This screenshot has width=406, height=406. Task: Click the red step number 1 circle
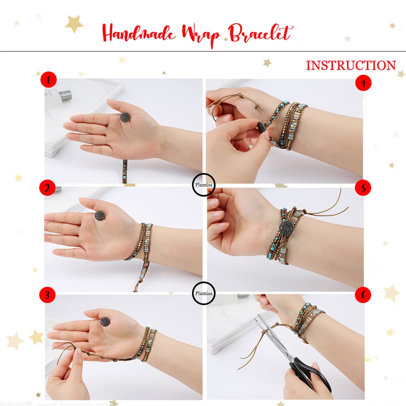(48, 80)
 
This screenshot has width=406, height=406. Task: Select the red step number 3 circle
(47, 295)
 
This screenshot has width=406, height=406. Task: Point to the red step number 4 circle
(363, 83)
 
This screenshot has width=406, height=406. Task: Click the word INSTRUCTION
(351, 65)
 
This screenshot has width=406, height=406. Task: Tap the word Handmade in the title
(138, 33)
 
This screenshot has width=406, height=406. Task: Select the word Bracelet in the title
(260, 33)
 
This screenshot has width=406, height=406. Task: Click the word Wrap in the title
(200, 36)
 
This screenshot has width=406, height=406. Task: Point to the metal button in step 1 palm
(126, 117)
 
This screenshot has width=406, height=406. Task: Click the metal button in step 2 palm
(100, 215)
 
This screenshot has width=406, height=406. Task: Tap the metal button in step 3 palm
(105, 321)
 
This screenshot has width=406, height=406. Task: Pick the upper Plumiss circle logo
(204, 185)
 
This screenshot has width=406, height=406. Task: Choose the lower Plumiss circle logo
(204, 293)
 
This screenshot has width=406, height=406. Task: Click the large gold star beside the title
(74, 24)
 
